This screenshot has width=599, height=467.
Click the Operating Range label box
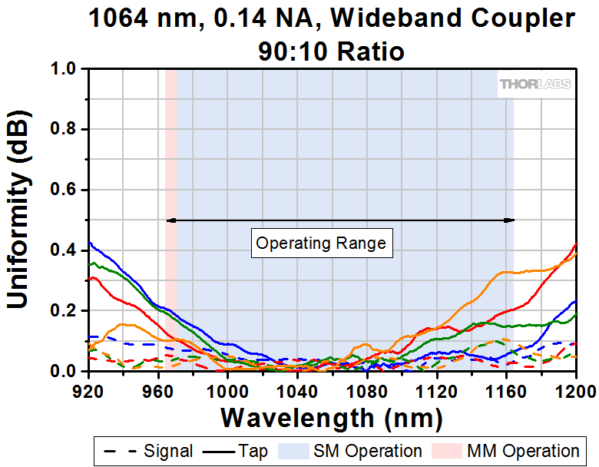[x=321, y=243]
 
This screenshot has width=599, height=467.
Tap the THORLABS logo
[x=535, y=84]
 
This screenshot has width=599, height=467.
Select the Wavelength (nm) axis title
[x=332, y=418]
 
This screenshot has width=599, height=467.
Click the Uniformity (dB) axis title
[x=20, y=220]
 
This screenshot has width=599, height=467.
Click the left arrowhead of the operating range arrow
[x=170, y=220]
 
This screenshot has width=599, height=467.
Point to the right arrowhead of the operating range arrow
[x=509, y=220]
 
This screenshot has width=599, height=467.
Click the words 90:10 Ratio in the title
[x=332, y=51]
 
